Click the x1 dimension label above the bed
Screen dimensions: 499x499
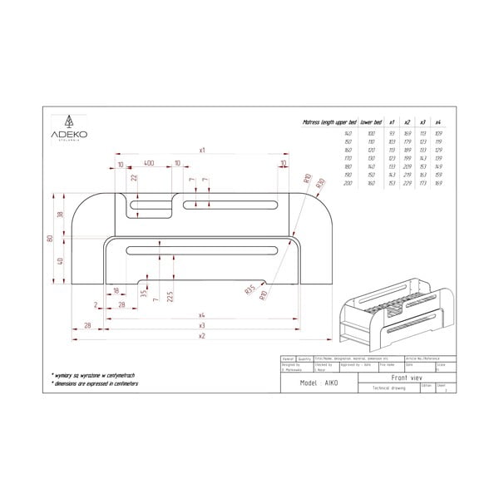[x=202, y=150]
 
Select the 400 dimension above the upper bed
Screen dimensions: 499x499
[x=149, y=164]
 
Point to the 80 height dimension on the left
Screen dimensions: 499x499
[x=50, y=240]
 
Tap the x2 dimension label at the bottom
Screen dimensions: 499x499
[x=202, y=337]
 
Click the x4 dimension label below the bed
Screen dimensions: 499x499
[x=202, y=315]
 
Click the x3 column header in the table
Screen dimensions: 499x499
[x=422, y=121]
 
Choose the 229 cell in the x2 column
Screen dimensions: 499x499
[x=407, y=185]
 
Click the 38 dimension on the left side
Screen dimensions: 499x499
[x=61, y=214]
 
